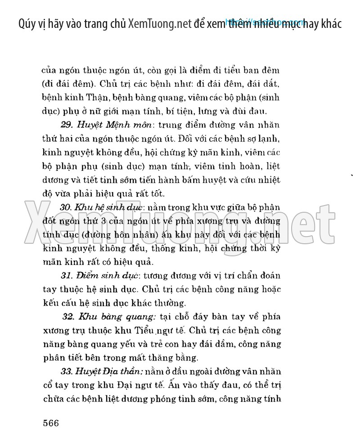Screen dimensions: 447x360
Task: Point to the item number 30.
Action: click(x=66, y=207)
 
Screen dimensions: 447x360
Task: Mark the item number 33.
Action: click(x=67, y=372)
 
